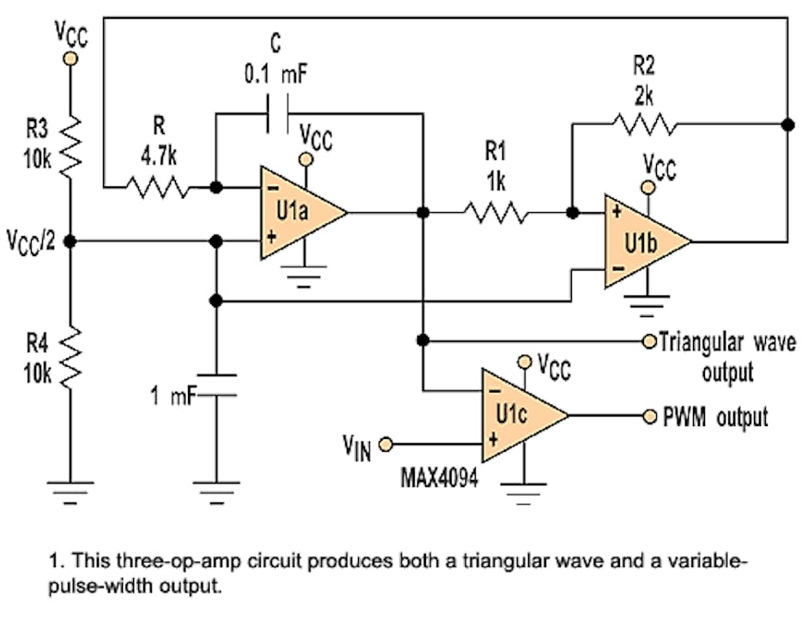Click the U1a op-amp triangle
[x=296, y=212]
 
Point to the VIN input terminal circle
[x=386, y=444]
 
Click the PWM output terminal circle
[x=650, y=417]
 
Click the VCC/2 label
[x=31, y=240]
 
